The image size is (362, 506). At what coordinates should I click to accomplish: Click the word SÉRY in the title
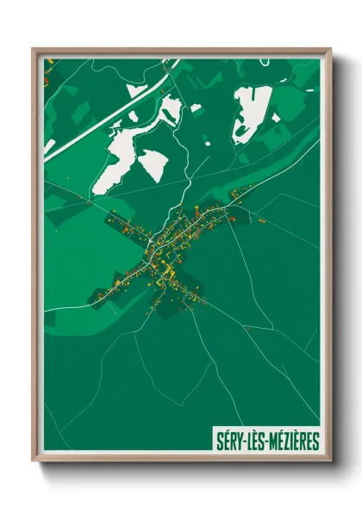click(x=229, y=442)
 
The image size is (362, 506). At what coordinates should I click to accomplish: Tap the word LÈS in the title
click(x=256, y=442)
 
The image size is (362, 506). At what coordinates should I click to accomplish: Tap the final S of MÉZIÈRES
click(x=315, y=442)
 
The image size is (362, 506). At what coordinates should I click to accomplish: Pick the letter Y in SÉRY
click(x=238, y=442)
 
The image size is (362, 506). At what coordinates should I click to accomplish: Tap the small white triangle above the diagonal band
click(x=135, y=89)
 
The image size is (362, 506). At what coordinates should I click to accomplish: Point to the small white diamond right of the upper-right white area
click(x=276, y=118)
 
